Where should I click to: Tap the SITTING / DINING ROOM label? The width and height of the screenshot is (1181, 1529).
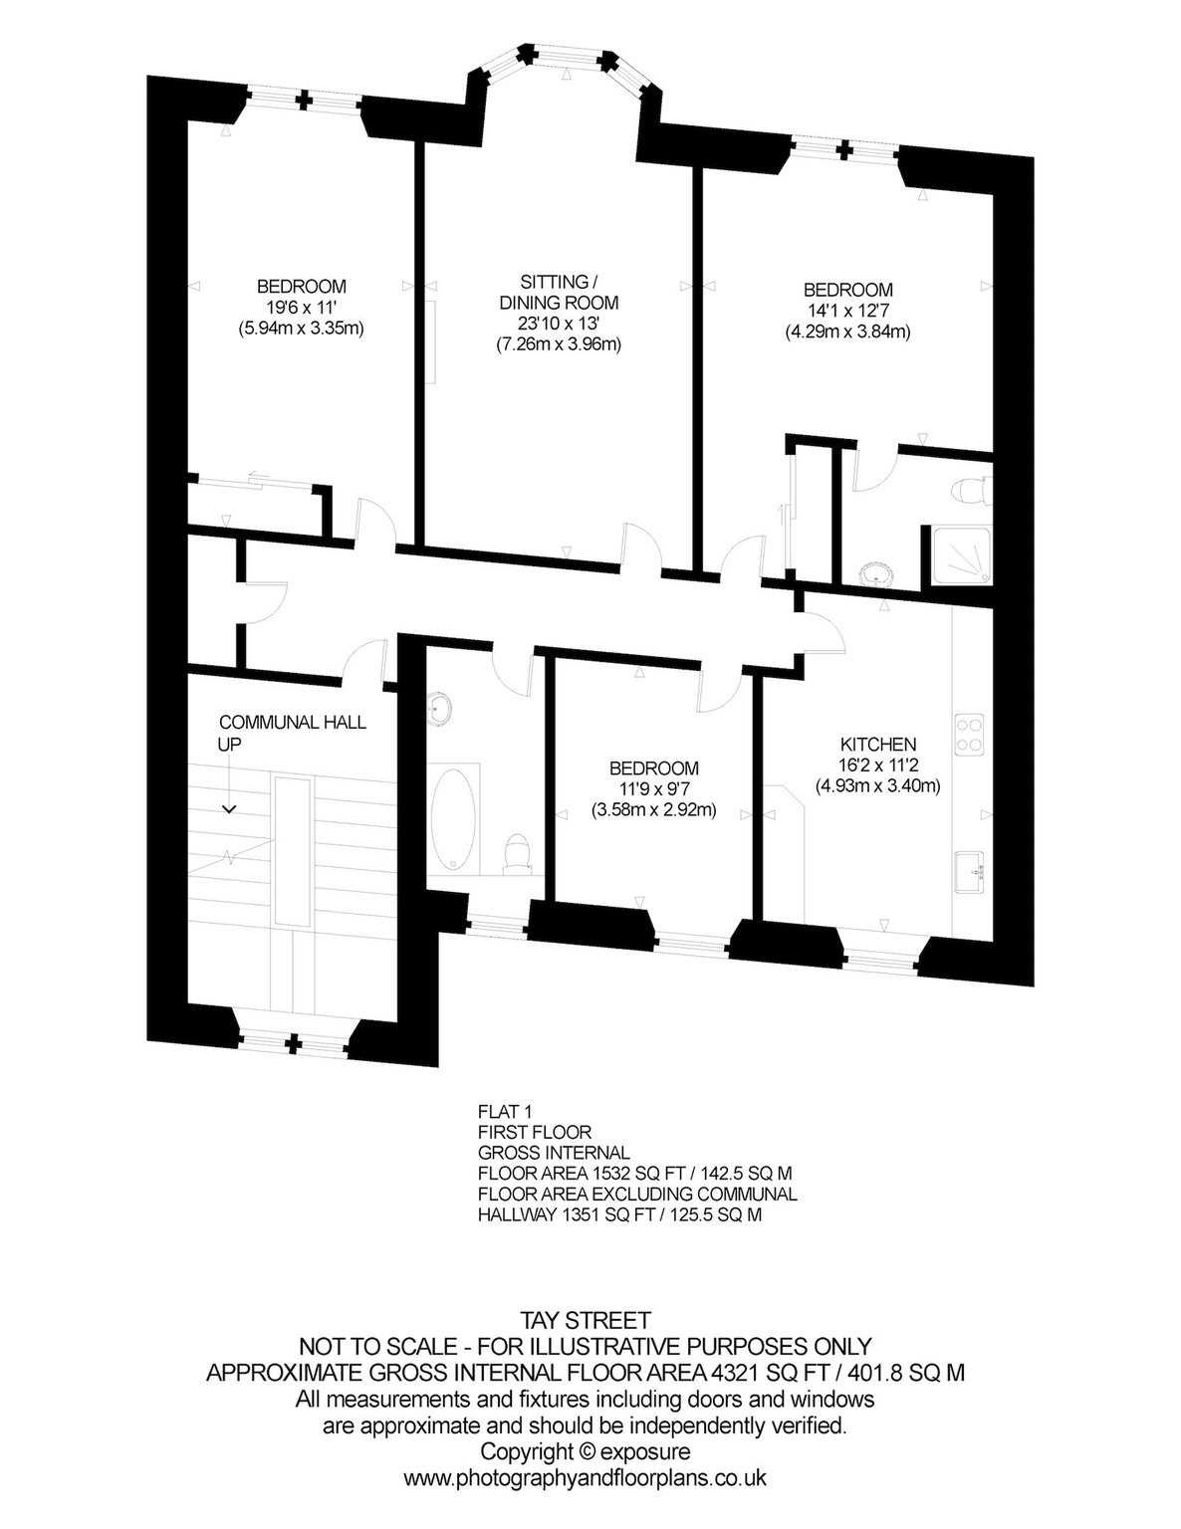pyautogui.click(x=559, y=292)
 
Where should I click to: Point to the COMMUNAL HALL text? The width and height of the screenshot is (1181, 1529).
pyautogui.click(x=293, y=723)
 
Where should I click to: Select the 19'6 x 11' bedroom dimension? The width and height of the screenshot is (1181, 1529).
pyautogui.click(x=301, y=308)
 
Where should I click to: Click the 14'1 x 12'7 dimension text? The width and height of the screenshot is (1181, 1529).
pyautogui.click(x=848, y=311)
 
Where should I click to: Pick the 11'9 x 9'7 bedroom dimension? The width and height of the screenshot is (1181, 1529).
pyautogui.click(x=654, y=788)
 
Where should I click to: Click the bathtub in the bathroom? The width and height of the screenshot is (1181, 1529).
pyautogui.click(x=452, y=818)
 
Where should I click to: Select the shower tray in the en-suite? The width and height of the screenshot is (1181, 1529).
pyautogui.click(x=961, y=555)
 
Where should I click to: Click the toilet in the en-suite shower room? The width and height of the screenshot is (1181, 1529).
pyautogui.click(x=970, y=491)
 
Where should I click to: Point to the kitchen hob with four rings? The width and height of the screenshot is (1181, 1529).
pyautogui.click(x=969, y=735)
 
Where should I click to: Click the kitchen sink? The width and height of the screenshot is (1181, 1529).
pyautogui.click(x=969, y=872)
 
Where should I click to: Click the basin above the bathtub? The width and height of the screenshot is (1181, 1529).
pyautogui.click(x=438, y=707)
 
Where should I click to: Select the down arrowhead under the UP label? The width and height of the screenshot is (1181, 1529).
pyautogui.click(x=229, y=809)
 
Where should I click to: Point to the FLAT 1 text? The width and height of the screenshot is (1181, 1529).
pyautogui.click(x=505, y=1112)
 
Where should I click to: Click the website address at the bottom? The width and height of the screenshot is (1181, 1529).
pyautogui.click(x=585, y=1477)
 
